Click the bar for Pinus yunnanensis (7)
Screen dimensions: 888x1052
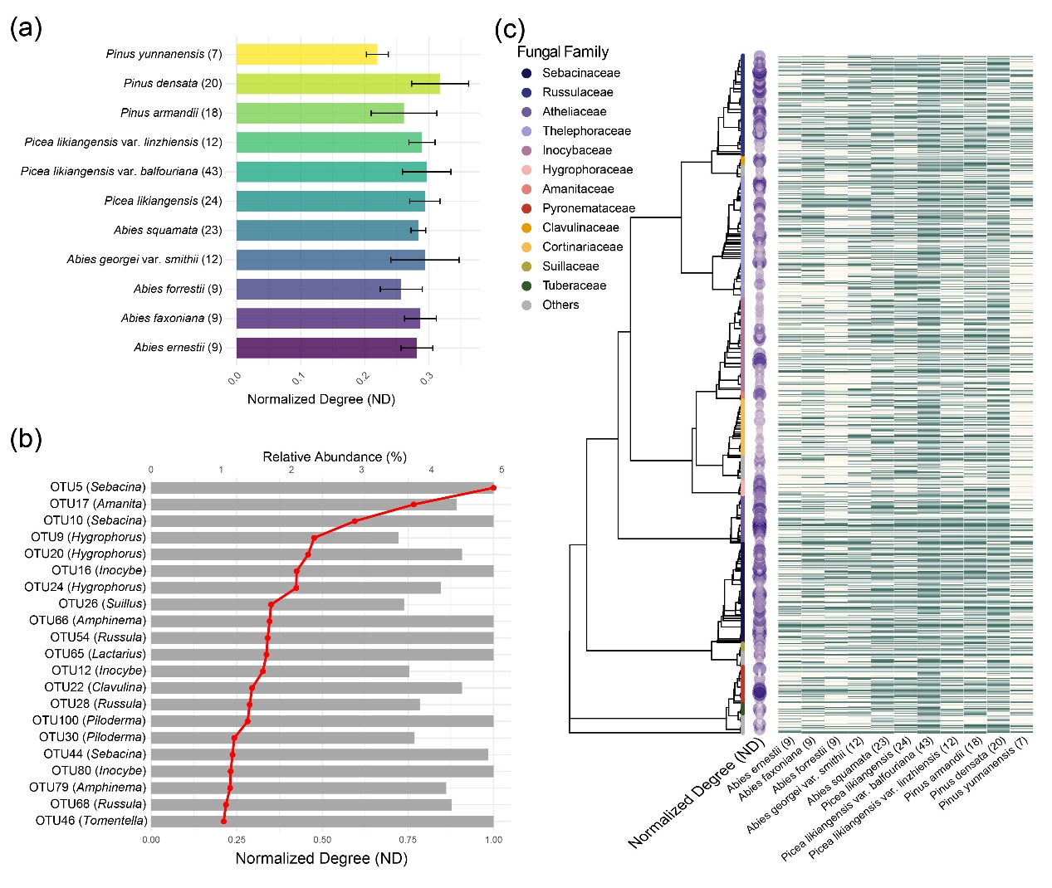[x=306, y=54]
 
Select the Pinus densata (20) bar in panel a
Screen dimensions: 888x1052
[x=338, y=84]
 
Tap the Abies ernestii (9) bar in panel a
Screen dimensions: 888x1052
[x=326, y=348]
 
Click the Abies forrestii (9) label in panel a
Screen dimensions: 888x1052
[x=178, y=289]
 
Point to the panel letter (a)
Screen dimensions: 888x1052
[x=26, y=28]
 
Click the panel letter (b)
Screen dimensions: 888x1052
[x=26, y=438]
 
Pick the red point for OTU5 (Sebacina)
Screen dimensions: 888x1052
[x=493, y=488]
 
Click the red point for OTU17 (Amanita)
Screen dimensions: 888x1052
[x=413, y=505]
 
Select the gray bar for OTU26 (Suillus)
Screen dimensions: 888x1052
[x=277, y=604]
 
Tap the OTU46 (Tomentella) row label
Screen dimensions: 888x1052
[x=91, y=821]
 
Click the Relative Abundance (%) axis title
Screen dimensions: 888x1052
[x=335, y=456]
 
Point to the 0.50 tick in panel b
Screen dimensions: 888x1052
[x=322, y=840]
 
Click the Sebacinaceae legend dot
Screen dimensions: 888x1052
[x=526, y=73]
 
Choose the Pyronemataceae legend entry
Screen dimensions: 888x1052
[x=588, y=208]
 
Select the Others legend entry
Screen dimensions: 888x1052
[x=560, y=305]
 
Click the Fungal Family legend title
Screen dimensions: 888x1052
[x=563, y=51]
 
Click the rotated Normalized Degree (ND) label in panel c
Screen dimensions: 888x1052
[x=695, y=793]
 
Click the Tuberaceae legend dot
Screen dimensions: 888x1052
[x=526, y=285]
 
